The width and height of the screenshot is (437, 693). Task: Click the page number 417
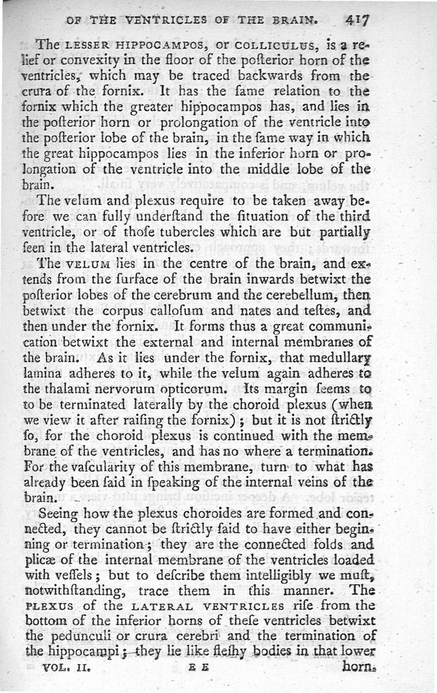[357, 20]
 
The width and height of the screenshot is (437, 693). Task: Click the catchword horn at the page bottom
[360, 667]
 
